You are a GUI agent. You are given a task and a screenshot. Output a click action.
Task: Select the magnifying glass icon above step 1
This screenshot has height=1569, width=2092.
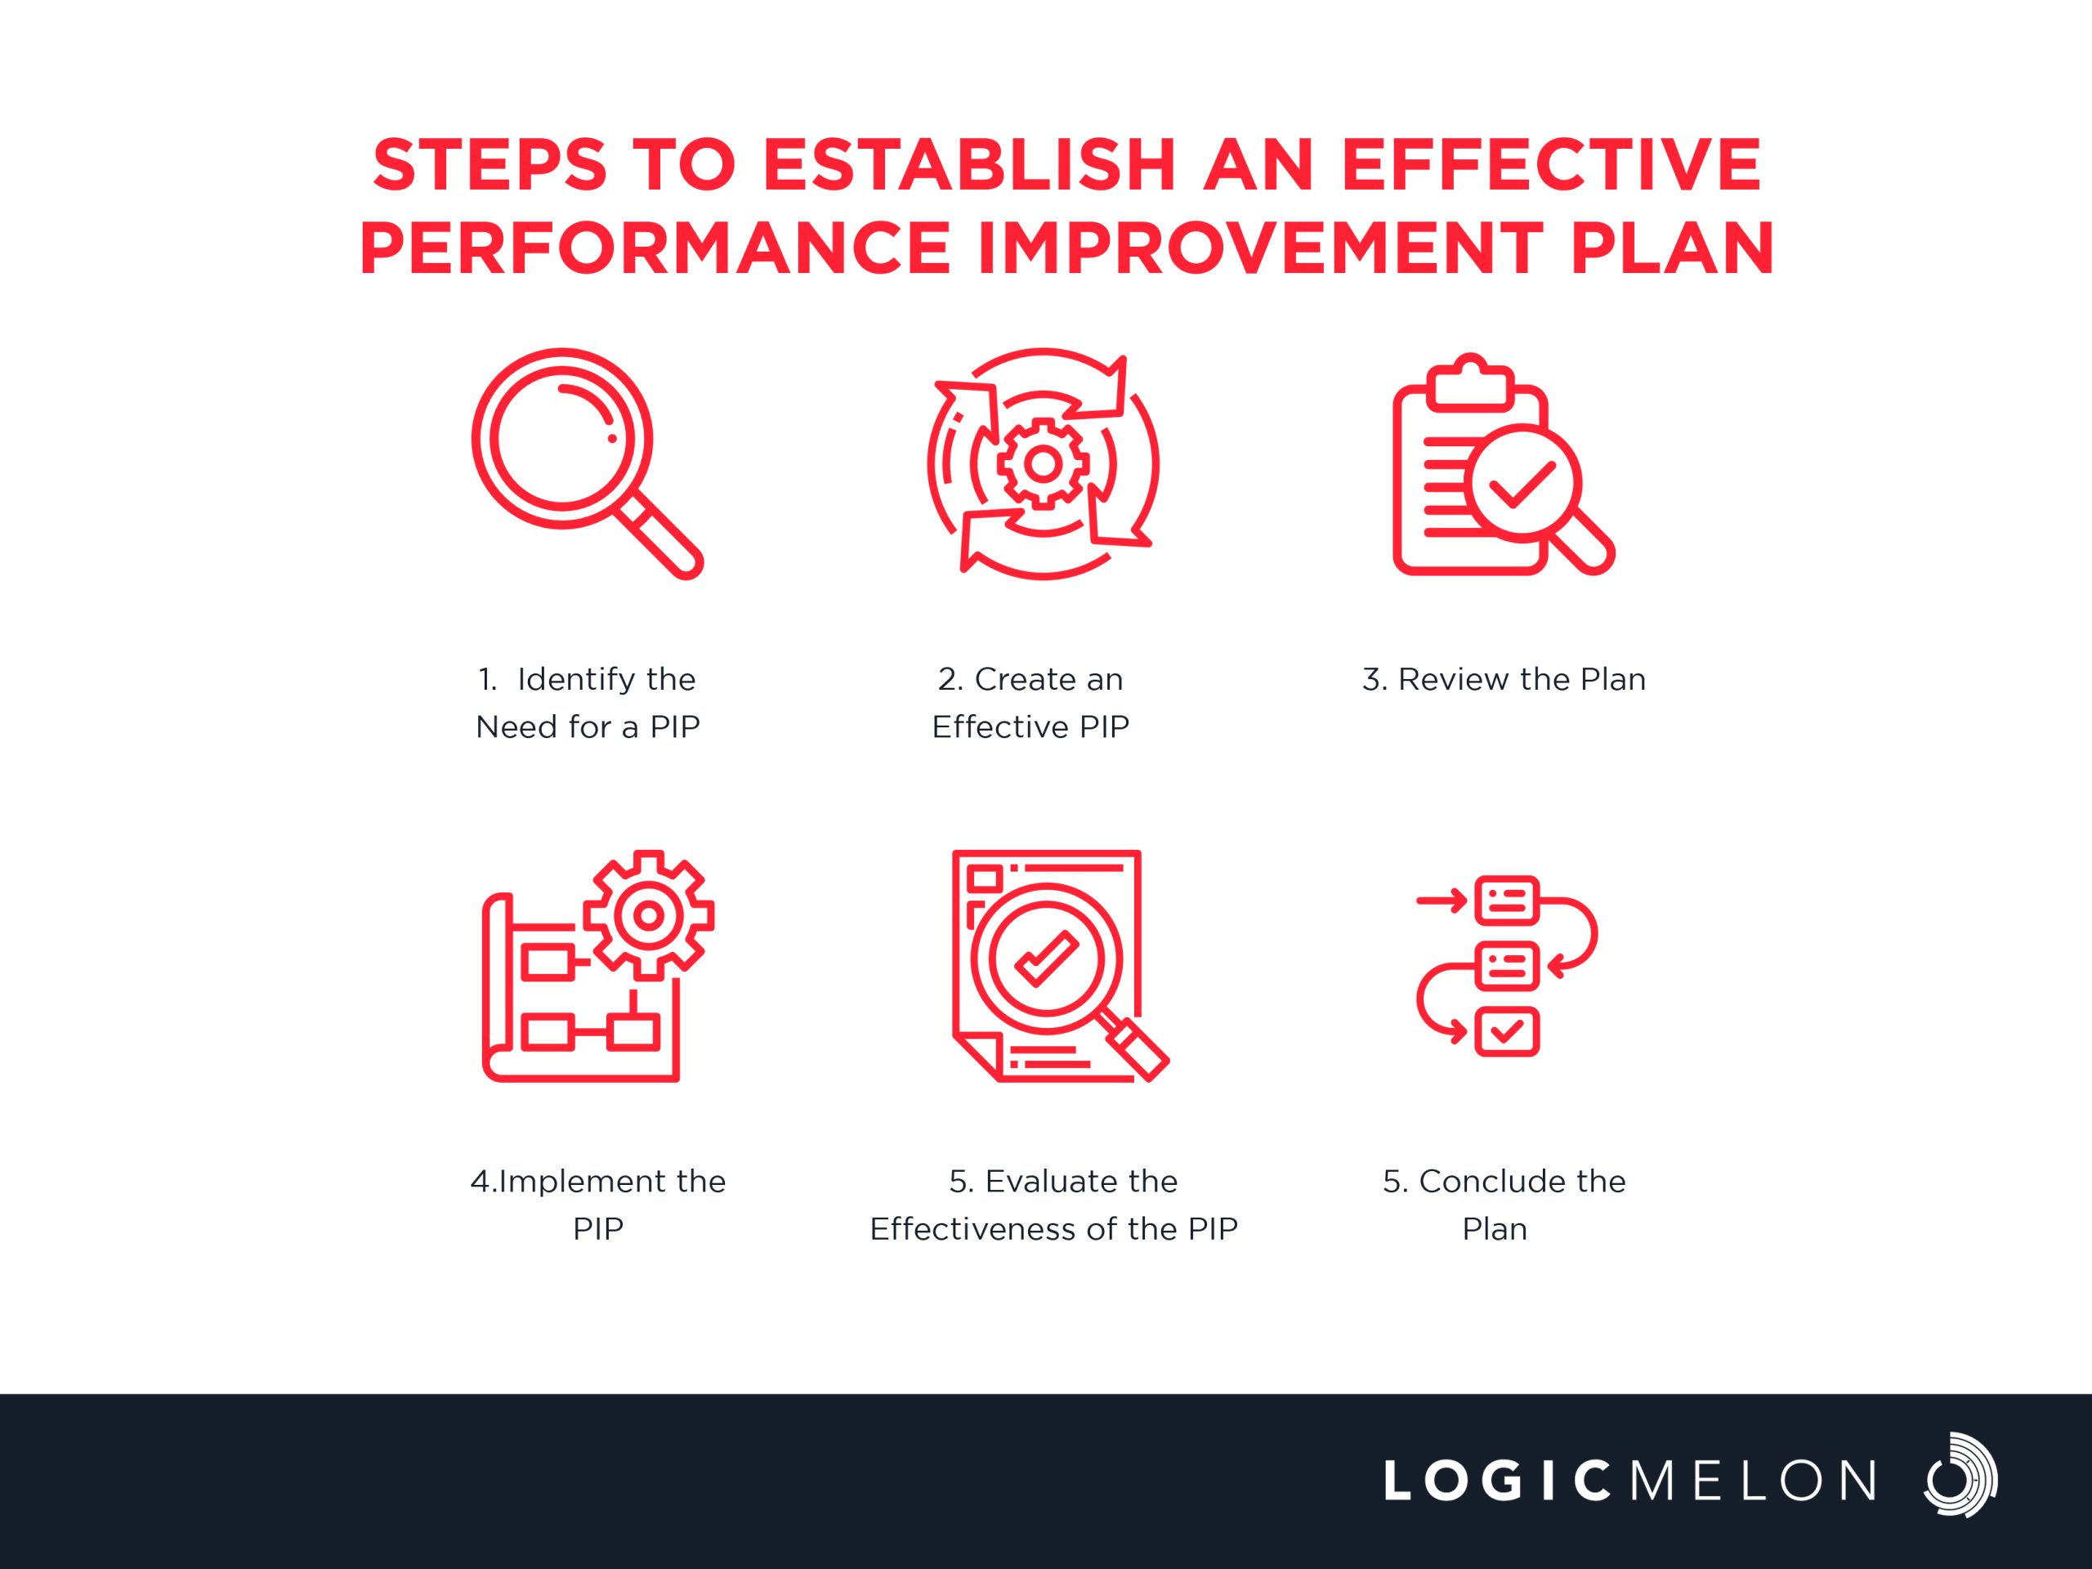tap(588, 463)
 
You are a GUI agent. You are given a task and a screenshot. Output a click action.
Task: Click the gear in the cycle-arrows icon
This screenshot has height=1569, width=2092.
tap(1044, 463)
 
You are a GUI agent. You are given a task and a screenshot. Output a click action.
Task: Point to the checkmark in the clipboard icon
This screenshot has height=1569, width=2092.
tap(1522, 485)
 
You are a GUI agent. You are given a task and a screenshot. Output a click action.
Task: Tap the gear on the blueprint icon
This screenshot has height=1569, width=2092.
tap(648, 914)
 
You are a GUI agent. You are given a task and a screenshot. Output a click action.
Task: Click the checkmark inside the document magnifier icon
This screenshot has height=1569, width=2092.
tap(1046, 959)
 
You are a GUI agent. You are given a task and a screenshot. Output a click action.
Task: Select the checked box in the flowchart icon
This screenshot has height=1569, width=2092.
tap(1508, 1030)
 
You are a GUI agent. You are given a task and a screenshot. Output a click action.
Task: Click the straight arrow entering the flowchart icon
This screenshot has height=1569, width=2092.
tap(1442, 900)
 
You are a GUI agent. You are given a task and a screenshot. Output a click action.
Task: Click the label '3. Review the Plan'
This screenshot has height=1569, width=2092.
tap(1504, 679)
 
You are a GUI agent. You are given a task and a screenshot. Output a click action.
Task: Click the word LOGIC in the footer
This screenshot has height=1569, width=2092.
tap(1498, 1480)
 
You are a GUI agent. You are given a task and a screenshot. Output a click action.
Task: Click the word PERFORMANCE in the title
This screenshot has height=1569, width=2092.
tap(655, 248)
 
